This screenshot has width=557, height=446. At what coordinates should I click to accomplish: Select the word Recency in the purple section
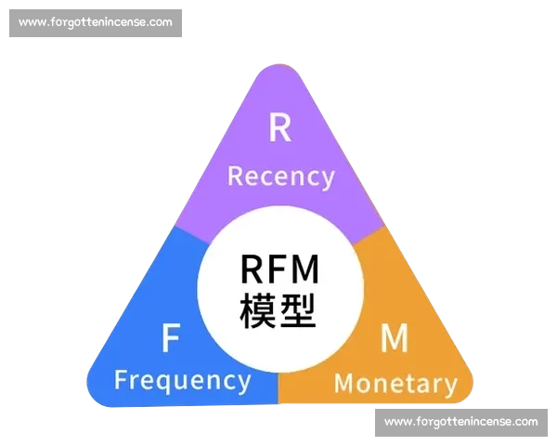click(280, 176)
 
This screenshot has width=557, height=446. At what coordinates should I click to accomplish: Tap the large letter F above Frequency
click(170, 339)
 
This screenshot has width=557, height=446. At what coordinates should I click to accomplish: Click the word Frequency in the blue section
click(182, 380)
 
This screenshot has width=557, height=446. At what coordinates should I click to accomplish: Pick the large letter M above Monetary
click(394, 339)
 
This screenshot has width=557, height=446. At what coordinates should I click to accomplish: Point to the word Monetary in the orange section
click(395, 382)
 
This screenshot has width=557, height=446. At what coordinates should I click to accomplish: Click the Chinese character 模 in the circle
click(258, 309)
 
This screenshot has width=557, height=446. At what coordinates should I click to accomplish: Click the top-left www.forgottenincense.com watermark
click(96, 22)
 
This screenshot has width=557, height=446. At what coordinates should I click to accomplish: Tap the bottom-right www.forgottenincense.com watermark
click(460, 422)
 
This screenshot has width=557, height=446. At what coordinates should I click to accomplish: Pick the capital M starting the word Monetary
click(344, 382)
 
